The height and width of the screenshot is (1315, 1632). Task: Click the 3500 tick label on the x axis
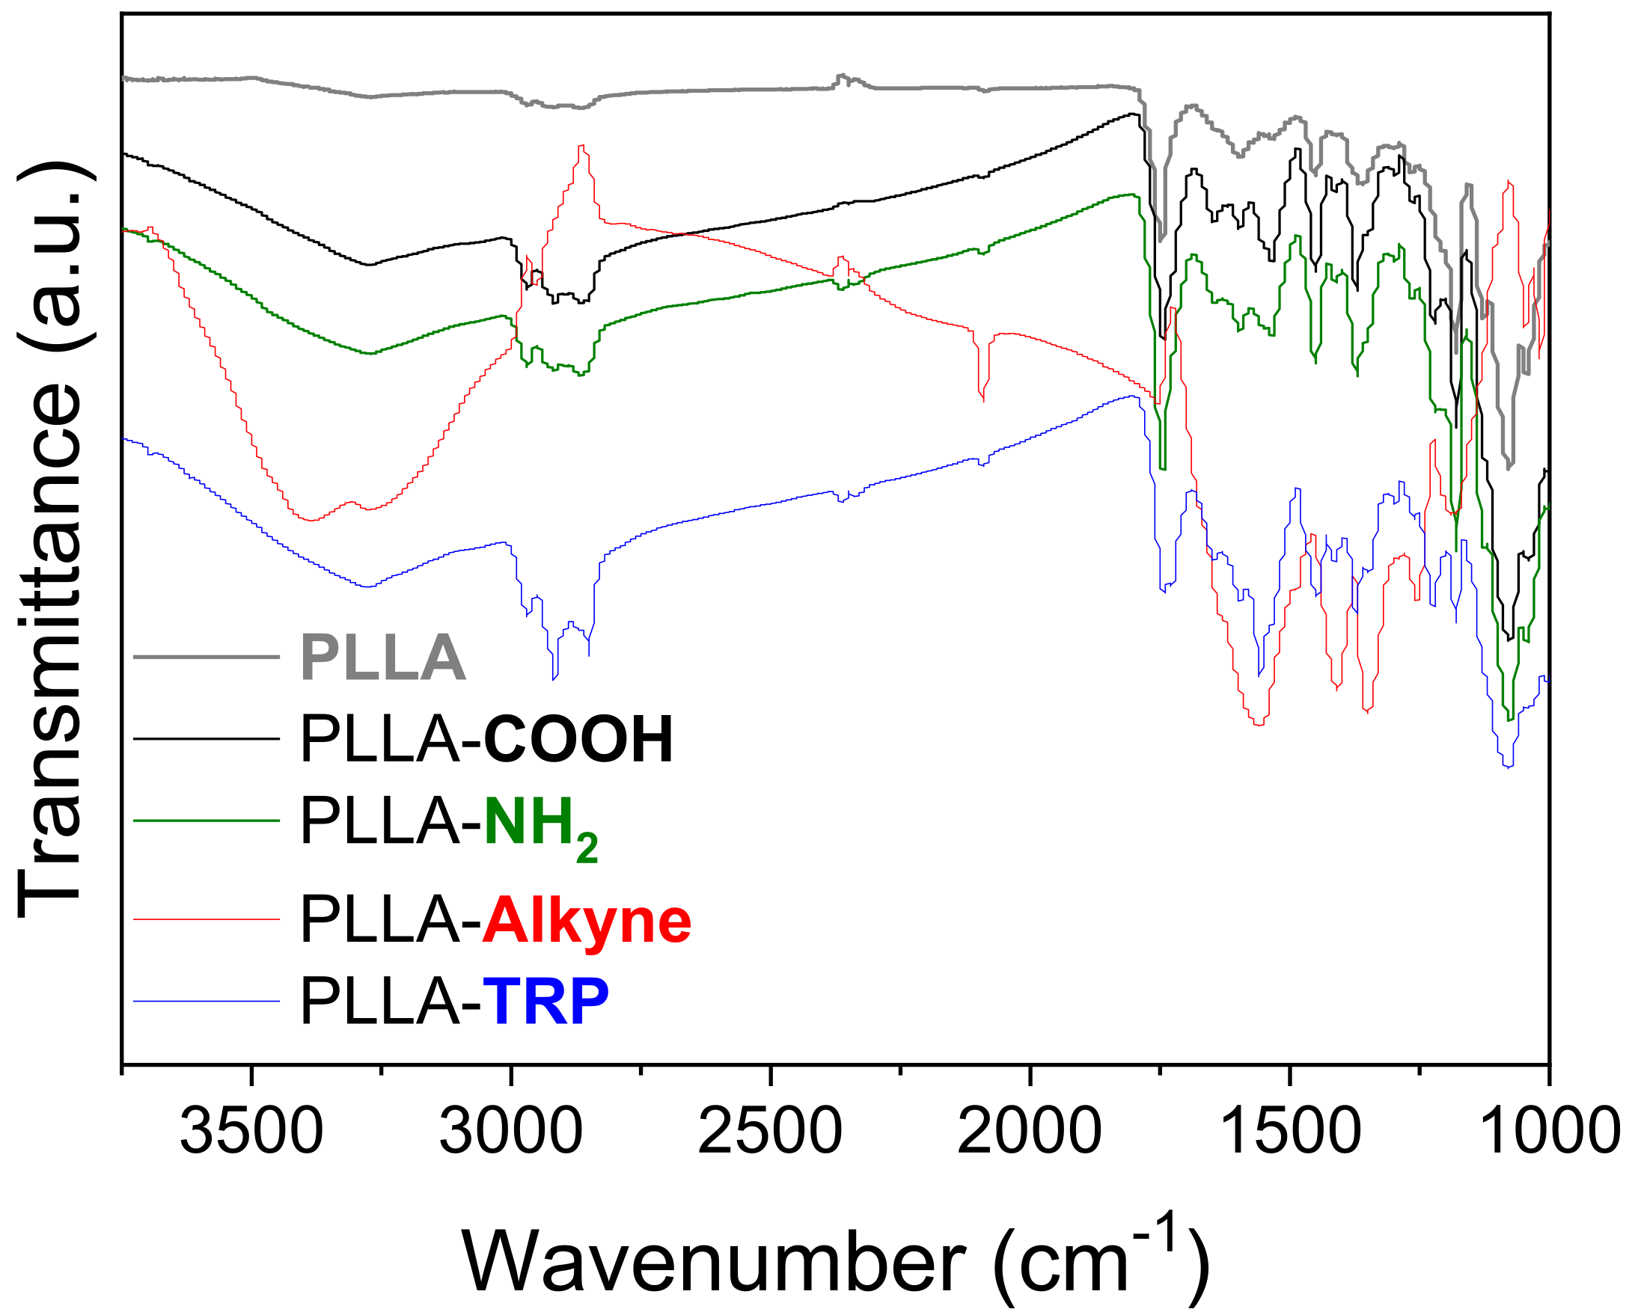point(251,1131)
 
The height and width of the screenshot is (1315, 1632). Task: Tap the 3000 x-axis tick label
point(510,1131)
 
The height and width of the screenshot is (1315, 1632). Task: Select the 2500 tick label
point(770,1131)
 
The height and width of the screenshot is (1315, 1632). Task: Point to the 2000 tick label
point(1029,1131)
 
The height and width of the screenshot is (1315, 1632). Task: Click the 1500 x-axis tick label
point(1288,1131)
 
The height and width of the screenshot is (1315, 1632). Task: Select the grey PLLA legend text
point(382,657)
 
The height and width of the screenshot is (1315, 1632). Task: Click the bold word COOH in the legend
point(578,739)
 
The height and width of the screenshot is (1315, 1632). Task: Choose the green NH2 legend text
point(540,825)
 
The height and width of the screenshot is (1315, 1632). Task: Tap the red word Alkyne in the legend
point(587,920)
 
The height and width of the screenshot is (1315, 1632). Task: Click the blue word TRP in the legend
point(545,1002)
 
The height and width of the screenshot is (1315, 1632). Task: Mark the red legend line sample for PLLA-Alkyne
point(206,919)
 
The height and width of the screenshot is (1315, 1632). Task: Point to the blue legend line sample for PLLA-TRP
point(206,1002)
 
